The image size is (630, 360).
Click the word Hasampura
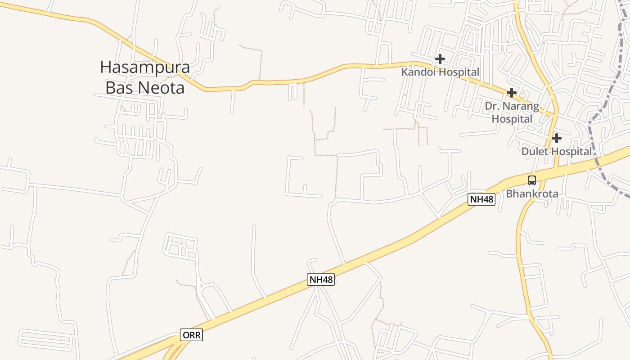click(145, 67)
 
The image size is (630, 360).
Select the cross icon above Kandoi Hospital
click(440, 58)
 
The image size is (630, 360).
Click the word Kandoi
click(418, 72)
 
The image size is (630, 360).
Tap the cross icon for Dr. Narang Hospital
click(511, 93)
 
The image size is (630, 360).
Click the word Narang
click(521, 107)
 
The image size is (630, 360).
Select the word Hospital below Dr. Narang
click(512, 119)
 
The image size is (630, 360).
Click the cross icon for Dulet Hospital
click(557, 138)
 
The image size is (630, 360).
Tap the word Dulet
click(535, 152)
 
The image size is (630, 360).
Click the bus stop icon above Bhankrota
click(532, 180)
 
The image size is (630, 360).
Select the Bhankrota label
click(532, 194)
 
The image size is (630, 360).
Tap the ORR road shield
click(192, 335)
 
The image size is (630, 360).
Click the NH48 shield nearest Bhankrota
click(481, 199)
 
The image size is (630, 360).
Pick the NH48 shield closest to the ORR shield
click(321, 279)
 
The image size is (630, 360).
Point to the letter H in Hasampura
click(105, 67)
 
